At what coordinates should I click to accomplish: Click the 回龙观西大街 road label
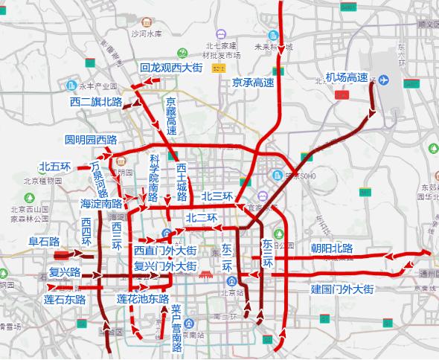coord(171,68)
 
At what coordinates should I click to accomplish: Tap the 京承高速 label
coord(254,81)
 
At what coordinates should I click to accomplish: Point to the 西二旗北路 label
coord(96,101)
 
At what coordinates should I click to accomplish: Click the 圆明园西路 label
coord(92,139)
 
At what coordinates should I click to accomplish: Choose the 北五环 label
coord(54,167)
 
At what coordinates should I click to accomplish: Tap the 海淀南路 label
coord(101,202)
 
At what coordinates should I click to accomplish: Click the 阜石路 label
coord(44,241)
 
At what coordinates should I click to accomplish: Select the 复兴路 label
coord(65,271)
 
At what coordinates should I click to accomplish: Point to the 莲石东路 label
coord(60,300)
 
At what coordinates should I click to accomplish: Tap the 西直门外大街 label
coord(165,250)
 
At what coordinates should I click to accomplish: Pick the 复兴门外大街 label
coord(165,265)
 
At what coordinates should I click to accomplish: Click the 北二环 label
coord(201,217)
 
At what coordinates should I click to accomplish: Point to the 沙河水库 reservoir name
coord(146,33)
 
